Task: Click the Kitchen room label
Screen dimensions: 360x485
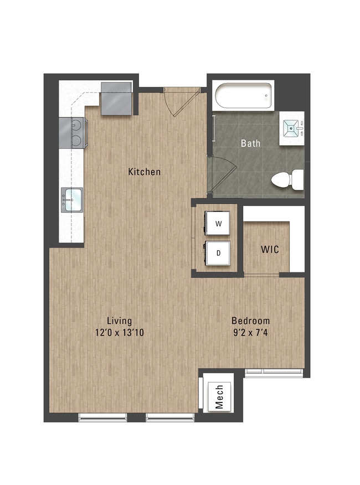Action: [x=144, y=172]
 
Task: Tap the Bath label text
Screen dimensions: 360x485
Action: [x=250, y=143]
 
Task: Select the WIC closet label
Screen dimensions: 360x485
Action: [x=270, y=249]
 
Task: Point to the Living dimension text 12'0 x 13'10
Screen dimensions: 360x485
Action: [x=120, y=333]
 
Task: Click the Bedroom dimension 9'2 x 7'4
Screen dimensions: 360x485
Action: [x=250, y=333]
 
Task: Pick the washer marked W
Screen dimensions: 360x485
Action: [x=218, y=223]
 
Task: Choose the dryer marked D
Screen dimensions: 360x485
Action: [x=218, y=253]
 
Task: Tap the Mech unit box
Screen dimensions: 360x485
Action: [x=219, y=397]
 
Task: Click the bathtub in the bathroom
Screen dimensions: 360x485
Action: [x=244, y=96]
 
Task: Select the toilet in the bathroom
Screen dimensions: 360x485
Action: [x=287, y=179]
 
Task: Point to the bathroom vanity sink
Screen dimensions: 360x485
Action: [x=291, y=128]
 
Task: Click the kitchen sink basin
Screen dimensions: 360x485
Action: [x=72, y=199]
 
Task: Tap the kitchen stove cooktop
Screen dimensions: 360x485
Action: [x=74, y=133]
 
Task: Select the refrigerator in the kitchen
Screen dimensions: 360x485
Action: [x=117, y=99]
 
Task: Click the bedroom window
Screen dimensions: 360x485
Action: [x=274, y=373]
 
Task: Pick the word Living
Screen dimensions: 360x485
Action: [x=120, y=321]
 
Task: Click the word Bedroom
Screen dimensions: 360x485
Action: [x=250, y=321]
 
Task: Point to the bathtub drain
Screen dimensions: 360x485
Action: [x=266, y=96]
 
